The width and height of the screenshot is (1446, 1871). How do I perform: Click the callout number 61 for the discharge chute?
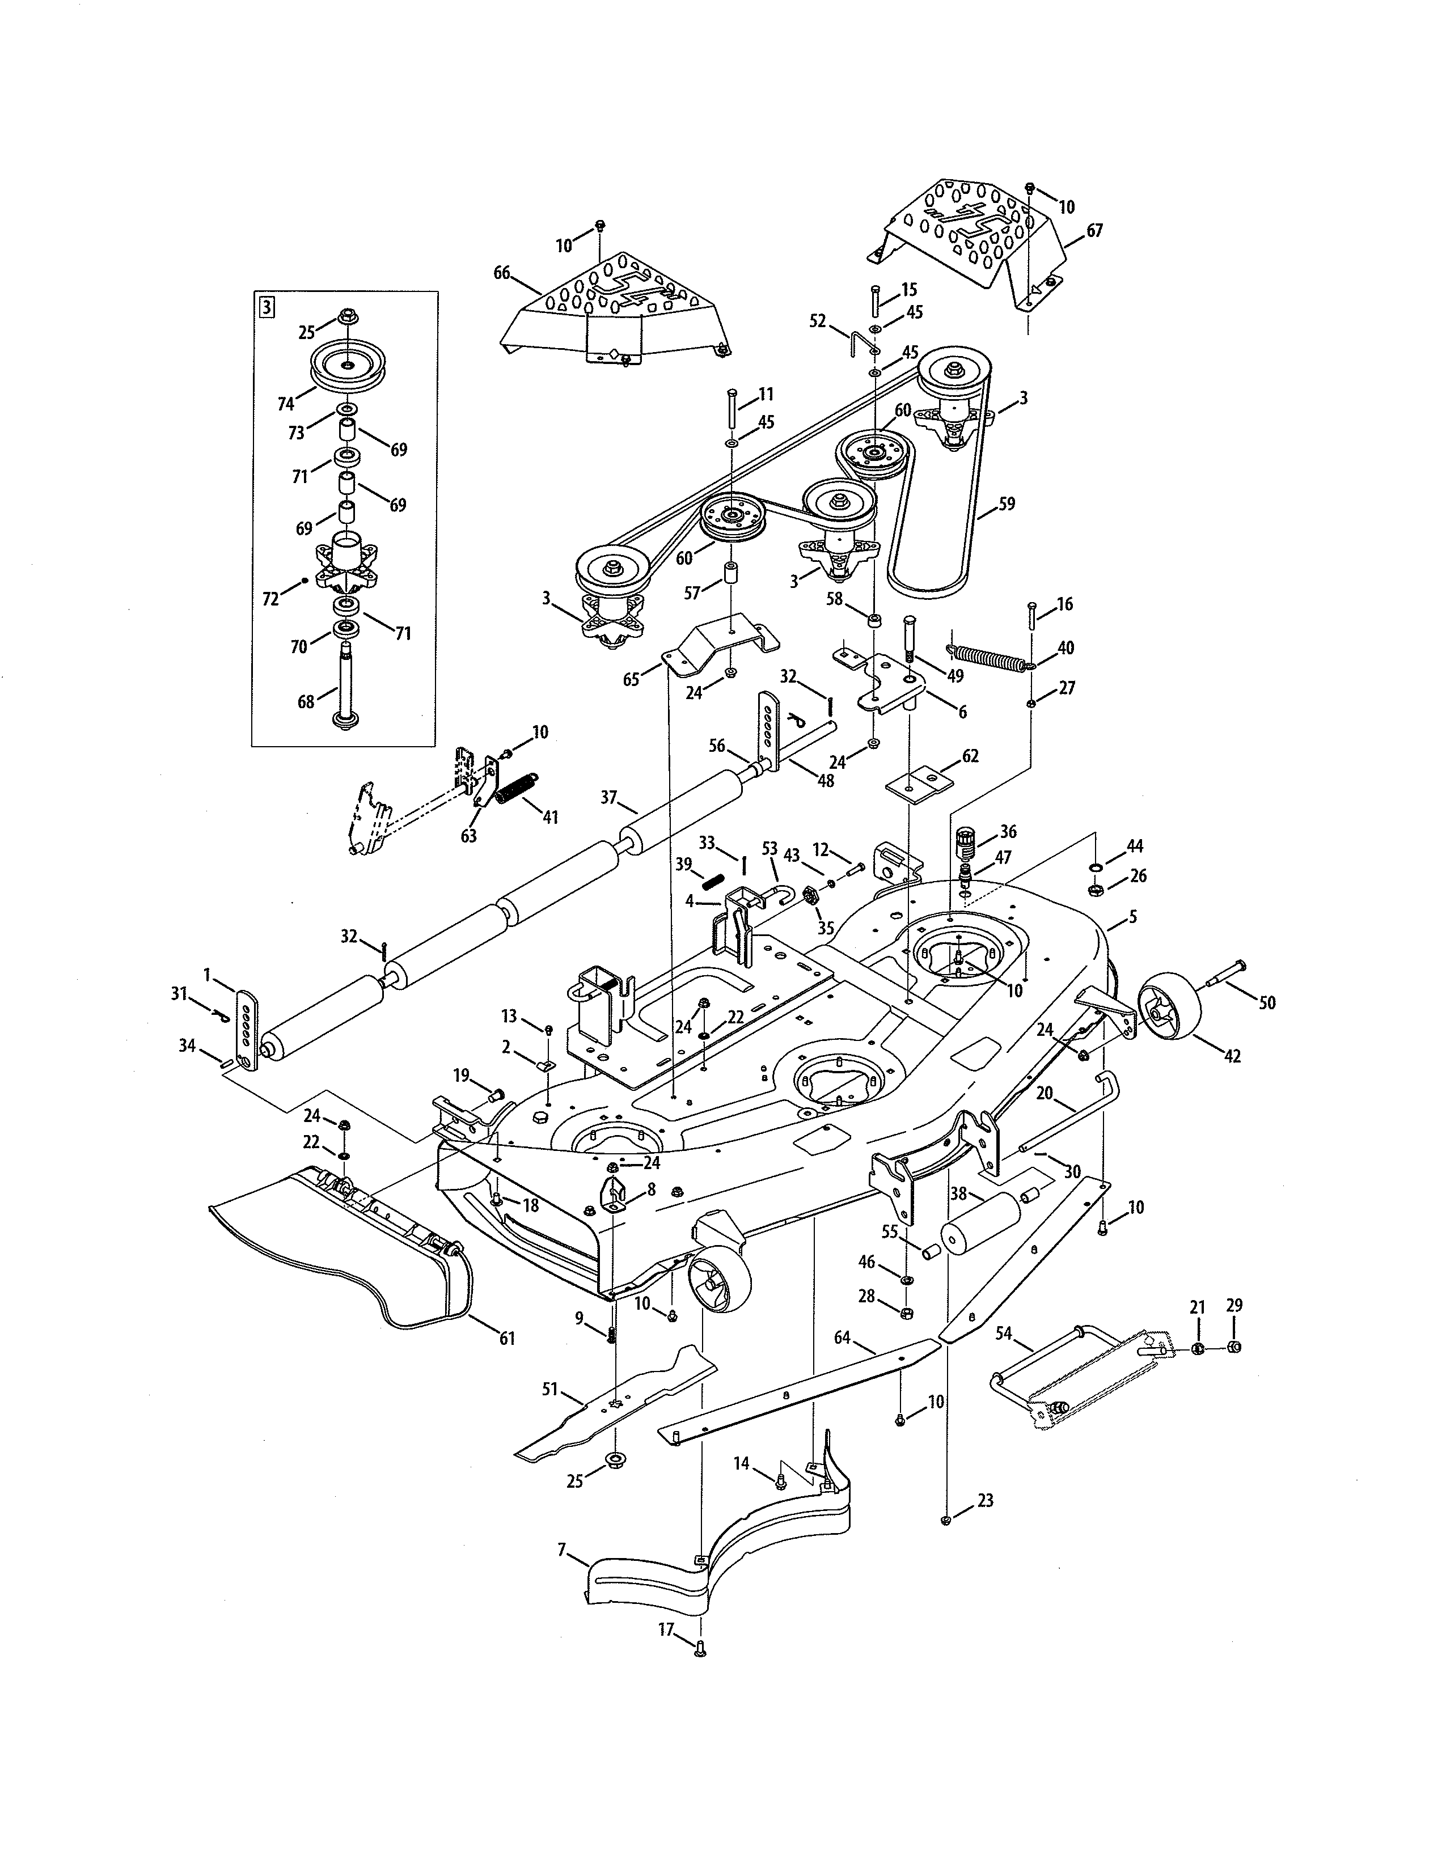coord(507,1338)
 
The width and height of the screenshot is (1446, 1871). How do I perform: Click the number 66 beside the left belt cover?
coord(502,272)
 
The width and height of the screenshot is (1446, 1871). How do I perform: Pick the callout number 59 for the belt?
coord(1007,503)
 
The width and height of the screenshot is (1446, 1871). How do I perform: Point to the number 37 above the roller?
coord(608,797)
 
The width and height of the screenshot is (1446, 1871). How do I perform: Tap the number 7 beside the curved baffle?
coord(562,1549)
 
